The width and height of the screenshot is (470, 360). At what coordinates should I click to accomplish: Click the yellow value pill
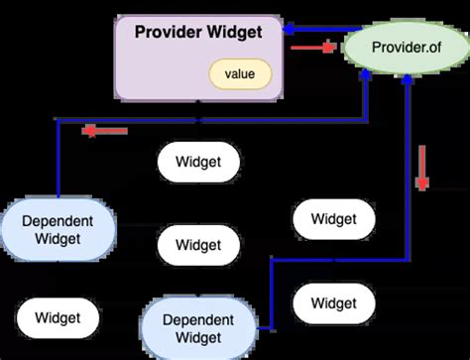coord(239,74)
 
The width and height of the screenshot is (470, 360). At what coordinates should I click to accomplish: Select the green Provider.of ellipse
coord(406,48)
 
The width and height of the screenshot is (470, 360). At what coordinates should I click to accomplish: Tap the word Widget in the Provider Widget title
coord(235,33)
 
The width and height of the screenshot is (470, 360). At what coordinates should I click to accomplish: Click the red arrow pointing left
coord(104,131)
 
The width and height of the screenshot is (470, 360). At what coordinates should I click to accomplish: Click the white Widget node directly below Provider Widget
coord(198,161)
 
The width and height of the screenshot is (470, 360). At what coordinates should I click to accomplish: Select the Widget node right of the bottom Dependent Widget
coord(333,302)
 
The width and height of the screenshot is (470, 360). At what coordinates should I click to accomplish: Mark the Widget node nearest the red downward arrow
coord(333,219)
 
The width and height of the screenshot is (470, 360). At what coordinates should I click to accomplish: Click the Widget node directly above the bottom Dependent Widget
coord(198,244)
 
